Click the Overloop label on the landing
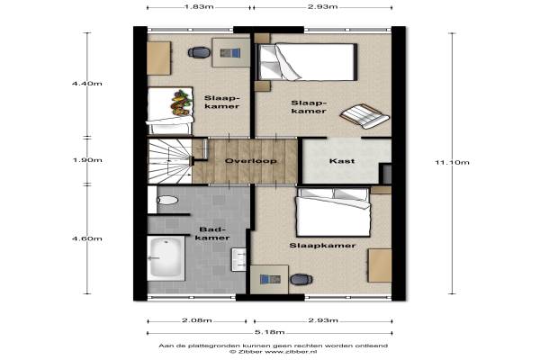[x=250, y=161]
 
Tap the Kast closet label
[x=342, y=161]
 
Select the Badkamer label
[x=214, y=234]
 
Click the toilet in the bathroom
[x=167, y=200]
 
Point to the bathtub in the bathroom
[x=166, y=258]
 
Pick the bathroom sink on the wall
[x=239, y=259]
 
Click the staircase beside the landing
[x=170, y=161]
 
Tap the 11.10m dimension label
[x=452, y=163]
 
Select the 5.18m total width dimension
[x=270, y=332]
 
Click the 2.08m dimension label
[x=196, y=320]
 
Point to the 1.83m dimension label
[x=199, y=7]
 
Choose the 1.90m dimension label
[x=87, y=160]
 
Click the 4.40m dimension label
[x=87, y=84]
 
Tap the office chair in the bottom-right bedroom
[x=301, y=279]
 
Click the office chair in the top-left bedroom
[x=199, y=52]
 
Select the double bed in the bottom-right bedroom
[x=333, y=212]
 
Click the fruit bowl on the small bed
[x=181, y=103]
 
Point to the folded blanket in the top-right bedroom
[x=364, y=115]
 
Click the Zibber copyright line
[x=273, y=352]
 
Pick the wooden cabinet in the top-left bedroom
[x=158, y=58]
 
